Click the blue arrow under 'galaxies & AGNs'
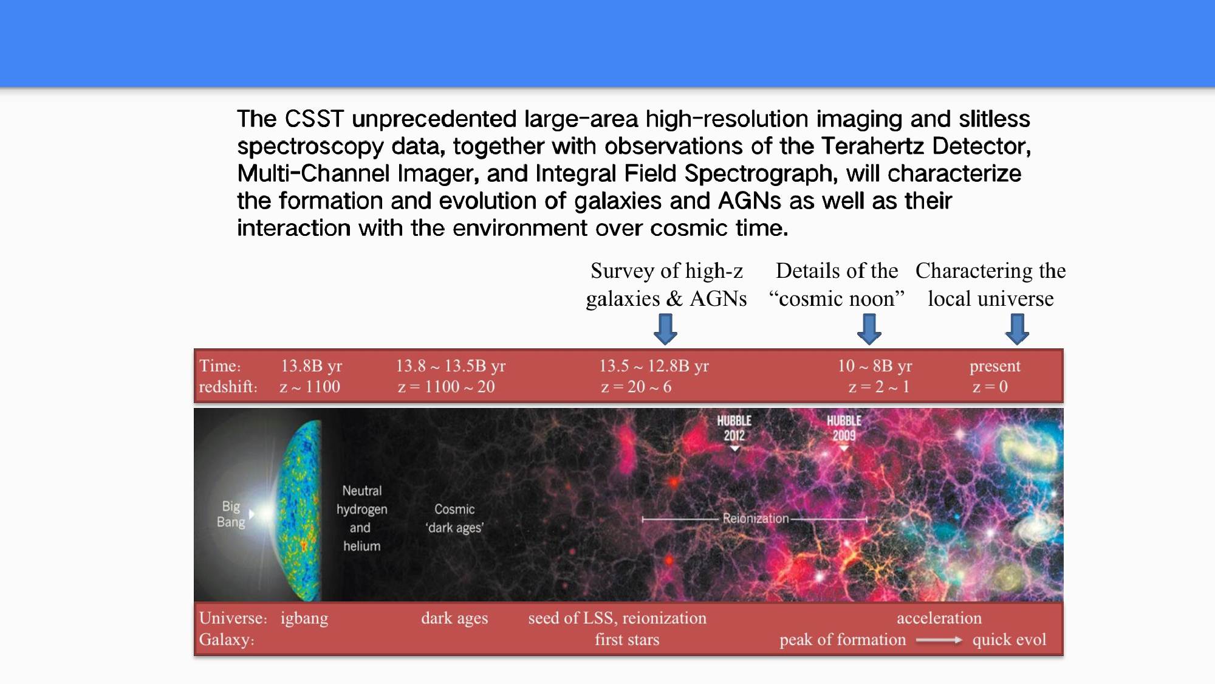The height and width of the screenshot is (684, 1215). (x=666, y=329)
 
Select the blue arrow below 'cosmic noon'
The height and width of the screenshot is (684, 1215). (x=869, y=329)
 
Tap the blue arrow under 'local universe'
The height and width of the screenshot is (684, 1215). (x=1017, y=329)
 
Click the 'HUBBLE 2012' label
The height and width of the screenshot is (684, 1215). (x=734, y=428)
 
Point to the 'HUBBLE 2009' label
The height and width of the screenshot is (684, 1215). (x=844, y=428)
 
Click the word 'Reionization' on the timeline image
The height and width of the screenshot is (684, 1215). (x=755, y=519)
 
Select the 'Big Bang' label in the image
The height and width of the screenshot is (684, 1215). (x=231, y=514)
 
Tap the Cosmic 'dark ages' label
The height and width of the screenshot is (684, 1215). (x=454, y=519)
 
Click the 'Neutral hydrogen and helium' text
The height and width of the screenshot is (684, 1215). (x=362, y=519)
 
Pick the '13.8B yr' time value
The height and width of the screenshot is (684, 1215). (x=312, y=366)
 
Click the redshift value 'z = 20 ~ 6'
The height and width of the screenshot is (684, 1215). (x=636, y=387)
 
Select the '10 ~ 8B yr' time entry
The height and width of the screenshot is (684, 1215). (x=875, y=366)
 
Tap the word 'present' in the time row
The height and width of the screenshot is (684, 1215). (x=995, y=366)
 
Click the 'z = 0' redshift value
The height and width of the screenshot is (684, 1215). (x=990, y=387)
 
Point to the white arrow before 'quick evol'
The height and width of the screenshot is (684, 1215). (x=939, y=640)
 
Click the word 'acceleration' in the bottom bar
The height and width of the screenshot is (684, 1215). (x=939, y=618)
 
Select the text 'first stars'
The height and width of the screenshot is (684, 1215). (x=627, y=640)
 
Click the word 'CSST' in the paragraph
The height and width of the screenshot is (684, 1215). (x=315, y=119)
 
